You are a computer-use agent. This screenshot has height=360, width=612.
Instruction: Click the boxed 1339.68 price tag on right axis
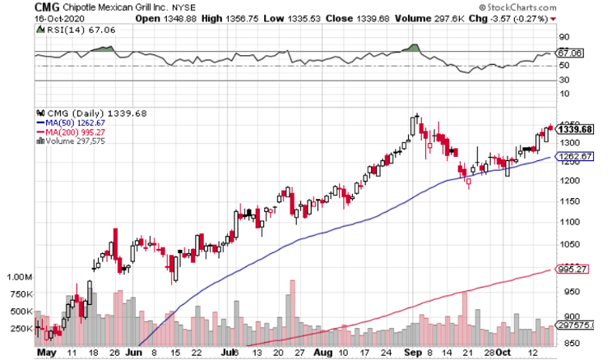point(575,129)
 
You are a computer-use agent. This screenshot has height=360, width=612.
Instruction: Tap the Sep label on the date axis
point(408,353)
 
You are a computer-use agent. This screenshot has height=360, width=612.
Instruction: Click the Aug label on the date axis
point(323,353)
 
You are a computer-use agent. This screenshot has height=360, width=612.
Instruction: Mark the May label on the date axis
point(46,353)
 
